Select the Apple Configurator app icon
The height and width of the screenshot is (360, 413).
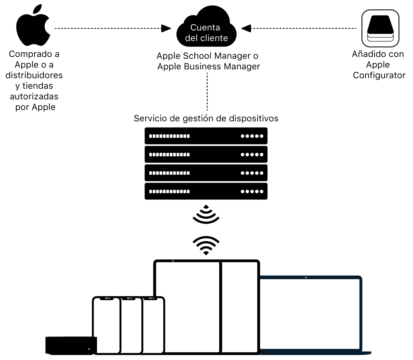[380, 28]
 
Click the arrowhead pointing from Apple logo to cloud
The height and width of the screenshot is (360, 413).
[166, 28]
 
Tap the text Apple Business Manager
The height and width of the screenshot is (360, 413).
[208, 66]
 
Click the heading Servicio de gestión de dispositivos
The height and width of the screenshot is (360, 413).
[206, 118]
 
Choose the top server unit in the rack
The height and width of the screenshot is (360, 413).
[206, 136]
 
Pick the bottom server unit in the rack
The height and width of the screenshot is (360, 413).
[206, 191]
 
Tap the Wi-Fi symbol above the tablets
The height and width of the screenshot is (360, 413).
[206, 245]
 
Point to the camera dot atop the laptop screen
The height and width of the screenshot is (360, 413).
[306, 278]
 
